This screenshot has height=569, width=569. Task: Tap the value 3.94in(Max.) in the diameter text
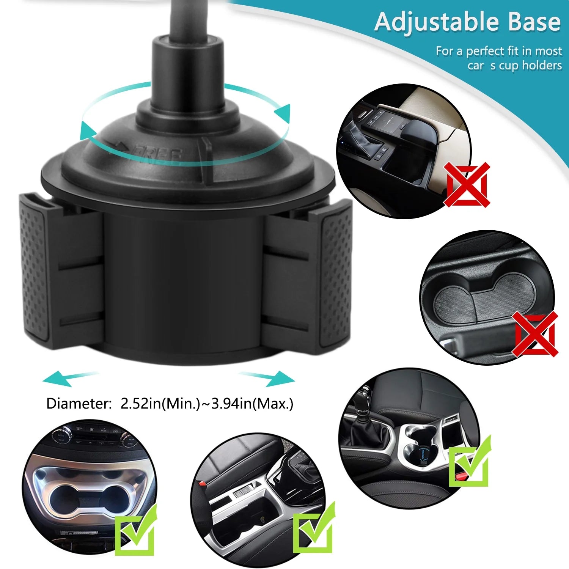pyautogui.click(x=252, y=404)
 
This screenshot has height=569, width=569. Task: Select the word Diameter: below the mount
pyautogui.click(x=78, y=404)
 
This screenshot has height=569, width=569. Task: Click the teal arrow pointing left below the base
pyautogui.click(x=64, y=378)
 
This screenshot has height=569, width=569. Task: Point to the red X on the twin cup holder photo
pyautogui.click(x=536, y=334)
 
